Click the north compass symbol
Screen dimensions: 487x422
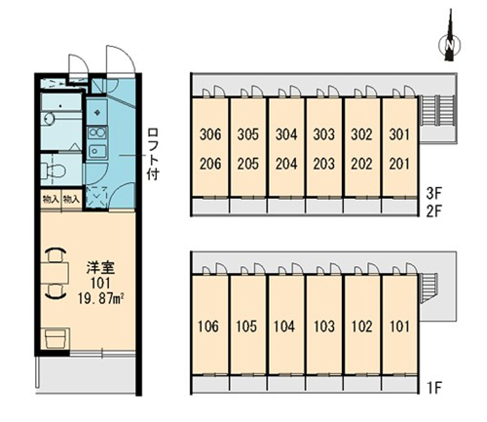[x=450, y=39]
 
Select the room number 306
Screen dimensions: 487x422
[x=210, y=134]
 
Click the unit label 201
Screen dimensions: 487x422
[x=399, y=164]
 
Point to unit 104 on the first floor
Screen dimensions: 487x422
[x=284, y=326]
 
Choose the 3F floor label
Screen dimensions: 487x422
[x=434, y=194]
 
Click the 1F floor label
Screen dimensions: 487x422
[x=434, y=387]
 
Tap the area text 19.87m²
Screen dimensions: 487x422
[x=101, y=298]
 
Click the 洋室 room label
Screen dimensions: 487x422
[x=100, y=268]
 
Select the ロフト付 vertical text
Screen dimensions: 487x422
[x=153, y=154]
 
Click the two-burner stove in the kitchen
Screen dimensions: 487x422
[x=97, y=133]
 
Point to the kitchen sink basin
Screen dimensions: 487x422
[x=97, y=150]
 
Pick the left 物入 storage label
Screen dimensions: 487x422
[x=51, y=199]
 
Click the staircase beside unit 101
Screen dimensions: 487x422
[x=429, y=288]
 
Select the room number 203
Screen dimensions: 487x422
[x=323, y=164]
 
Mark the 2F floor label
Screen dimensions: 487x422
[x=434, y=211]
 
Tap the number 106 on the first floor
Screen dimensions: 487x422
[x=208, y=326]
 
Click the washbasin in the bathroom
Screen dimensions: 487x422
[x=50, y=118]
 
